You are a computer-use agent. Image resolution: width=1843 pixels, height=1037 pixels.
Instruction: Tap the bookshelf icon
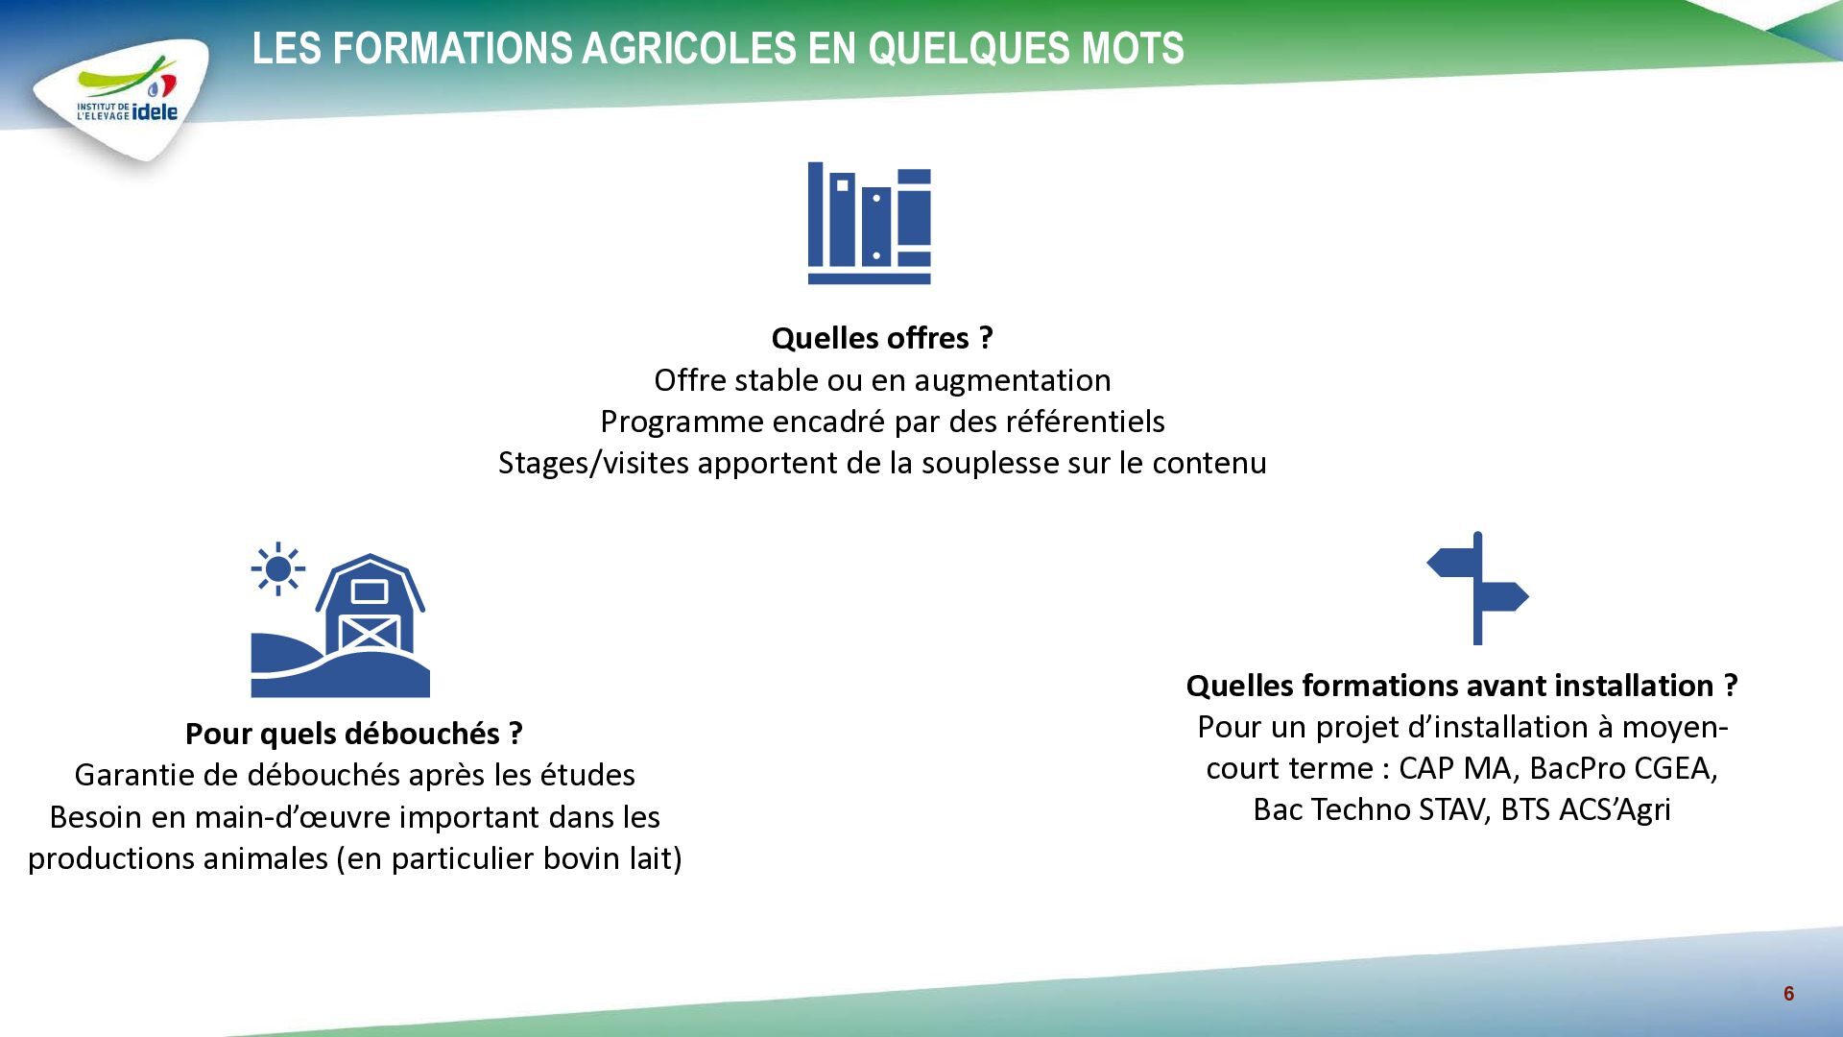870,223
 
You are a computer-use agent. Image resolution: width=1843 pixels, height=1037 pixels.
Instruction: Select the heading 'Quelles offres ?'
882,338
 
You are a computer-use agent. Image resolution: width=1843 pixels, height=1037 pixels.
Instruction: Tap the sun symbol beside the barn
278,568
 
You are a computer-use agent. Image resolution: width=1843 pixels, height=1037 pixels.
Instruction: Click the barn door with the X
370,634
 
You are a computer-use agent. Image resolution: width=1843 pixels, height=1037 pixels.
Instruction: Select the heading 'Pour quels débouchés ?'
354,734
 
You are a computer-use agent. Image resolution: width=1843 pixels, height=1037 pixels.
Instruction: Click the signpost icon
1477,589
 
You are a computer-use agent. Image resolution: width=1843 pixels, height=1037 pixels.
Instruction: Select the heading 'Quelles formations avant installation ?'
1462,686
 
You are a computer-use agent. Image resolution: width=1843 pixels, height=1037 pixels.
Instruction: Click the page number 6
1788,994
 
